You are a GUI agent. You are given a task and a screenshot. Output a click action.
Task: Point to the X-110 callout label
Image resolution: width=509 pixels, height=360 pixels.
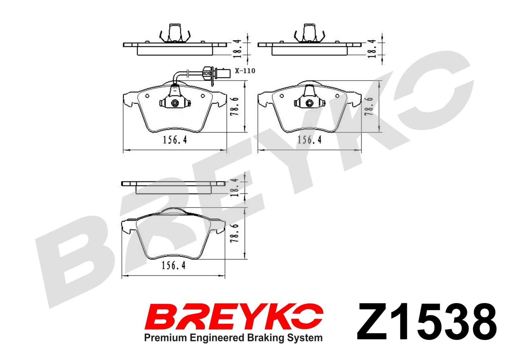pyautogui.click(x=245, y=71)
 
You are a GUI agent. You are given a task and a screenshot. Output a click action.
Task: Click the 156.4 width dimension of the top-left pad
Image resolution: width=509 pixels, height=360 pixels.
pyautogui.click(x=175, y=140)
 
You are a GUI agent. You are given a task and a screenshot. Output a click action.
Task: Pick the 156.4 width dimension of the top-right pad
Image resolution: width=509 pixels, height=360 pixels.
pyautogui.click(x=309, y=140)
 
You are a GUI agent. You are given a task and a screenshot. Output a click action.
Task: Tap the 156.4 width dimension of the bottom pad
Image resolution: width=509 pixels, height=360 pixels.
pyautogui.click(x=173, y=265)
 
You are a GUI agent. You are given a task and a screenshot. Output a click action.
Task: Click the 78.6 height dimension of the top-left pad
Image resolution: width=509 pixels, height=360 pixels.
pyautogui.click(x=235, y=106)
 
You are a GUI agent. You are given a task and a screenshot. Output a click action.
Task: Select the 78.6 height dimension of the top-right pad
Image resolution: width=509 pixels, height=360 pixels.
pyautogui.click(x=370, y=106)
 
